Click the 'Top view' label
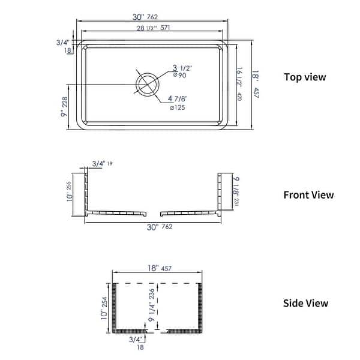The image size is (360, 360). tap(305, 77)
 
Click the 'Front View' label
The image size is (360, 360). tap(308, 195)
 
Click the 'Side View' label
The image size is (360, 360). tap(305, 303)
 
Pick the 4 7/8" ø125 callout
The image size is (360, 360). tap(179, 103)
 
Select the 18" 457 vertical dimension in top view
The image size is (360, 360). tap(256, 84)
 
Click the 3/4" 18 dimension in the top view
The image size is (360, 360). tap(64, 46)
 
